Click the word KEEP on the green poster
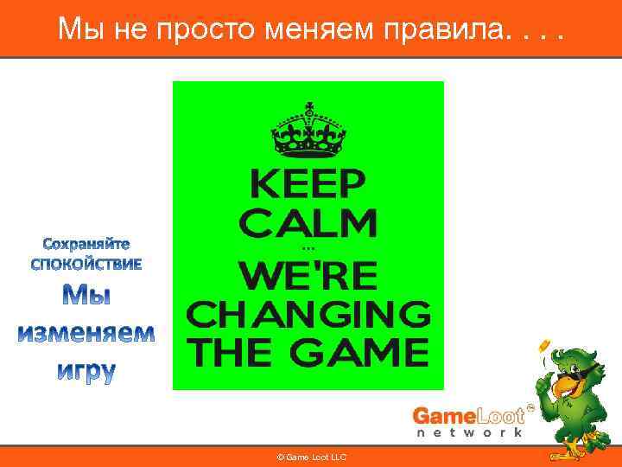(308, 183)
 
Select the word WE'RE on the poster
(308, 276)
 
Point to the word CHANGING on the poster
(308, 315)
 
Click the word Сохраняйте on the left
(87, 243)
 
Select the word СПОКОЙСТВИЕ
(86, 263)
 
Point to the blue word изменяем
(87, 333)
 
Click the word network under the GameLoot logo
(471, 432)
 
